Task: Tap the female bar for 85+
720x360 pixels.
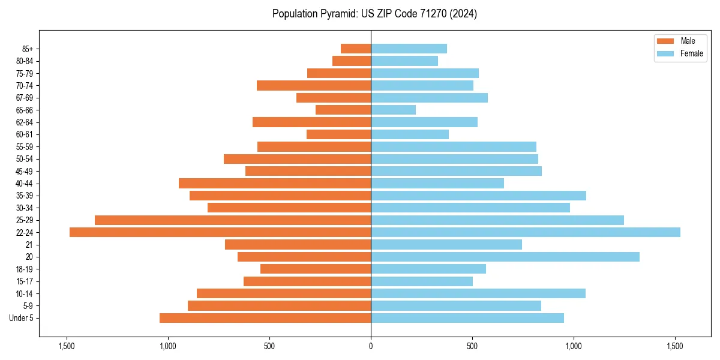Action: [x=409, y=49]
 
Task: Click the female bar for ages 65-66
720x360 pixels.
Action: [x=393, y=110]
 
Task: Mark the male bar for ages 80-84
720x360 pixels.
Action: [x=352, y=61]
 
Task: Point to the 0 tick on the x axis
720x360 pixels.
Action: [x=371, y=346]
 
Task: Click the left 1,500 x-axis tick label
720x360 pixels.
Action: [x=66, y=346]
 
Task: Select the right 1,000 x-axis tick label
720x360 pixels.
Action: [x=574, y=346]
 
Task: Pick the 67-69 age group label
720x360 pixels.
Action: [x=25, y=98]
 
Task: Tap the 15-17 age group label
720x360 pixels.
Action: [x=25, y=281]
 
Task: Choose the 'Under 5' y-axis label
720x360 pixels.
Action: [x=22, y=318]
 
